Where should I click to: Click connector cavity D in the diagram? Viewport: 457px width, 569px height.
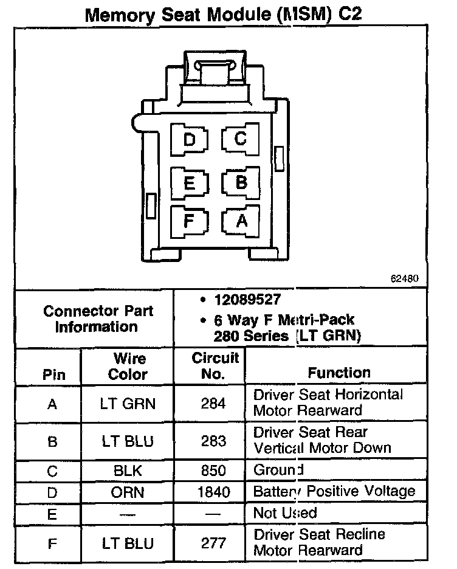tap(190, 141)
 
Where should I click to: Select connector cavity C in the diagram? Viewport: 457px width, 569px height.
tap(241, 140)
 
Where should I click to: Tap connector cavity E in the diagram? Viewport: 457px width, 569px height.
tap(190, 182)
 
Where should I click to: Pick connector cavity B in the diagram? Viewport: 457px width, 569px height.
tap(241, 182)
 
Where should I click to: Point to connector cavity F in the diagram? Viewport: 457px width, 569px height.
tap(189, 221)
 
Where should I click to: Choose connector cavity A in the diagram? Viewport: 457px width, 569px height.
tap(241, 221)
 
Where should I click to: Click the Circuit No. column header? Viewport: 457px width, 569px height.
tap(215, 365)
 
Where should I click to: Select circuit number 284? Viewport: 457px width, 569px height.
tap(213, 403)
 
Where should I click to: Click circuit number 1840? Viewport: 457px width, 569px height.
tap(213, 491)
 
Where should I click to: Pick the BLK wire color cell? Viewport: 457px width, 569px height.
tap(128, 471)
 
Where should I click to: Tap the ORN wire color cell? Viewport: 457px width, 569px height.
tap(128, 491)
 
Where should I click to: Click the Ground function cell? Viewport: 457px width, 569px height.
tap(278, 471)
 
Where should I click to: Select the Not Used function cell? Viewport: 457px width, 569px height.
tap(285, 512)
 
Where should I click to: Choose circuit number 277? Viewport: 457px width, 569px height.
tap(213, 542)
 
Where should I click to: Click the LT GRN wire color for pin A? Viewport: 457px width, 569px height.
tap(128, 403)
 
